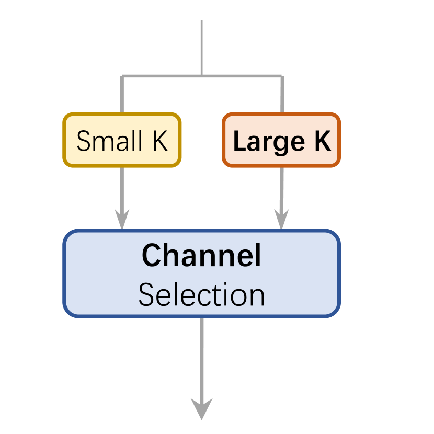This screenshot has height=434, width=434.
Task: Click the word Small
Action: pyautogui.click(x=109, y=141)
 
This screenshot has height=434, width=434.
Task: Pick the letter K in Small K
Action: pyautogui.click(x=159, y=141)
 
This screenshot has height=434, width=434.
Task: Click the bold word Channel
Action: pyautogui.click(x=201, y=256)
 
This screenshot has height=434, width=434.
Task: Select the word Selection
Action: pyautogui.click(x=201, y=295)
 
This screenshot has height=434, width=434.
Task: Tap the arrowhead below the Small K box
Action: pyautogui.click(x=122, y=220)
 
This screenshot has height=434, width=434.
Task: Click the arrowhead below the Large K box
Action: pyautogui.click(x=281, y=220)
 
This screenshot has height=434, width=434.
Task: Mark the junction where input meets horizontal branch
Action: pyautogui.click(x=201, y=76)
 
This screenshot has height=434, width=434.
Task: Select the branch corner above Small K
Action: pyautogui.click(x=122, y=77)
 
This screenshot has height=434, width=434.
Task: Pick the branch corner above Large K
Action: pyautogui.click(x=282, y=77)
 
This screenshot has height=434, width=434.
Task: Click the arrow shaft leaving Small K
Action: pyautogui.click(x=122, y=188)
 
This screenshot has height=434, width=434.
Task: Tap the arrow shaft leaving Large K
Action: pyautogui.click(x=281, y=188)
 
